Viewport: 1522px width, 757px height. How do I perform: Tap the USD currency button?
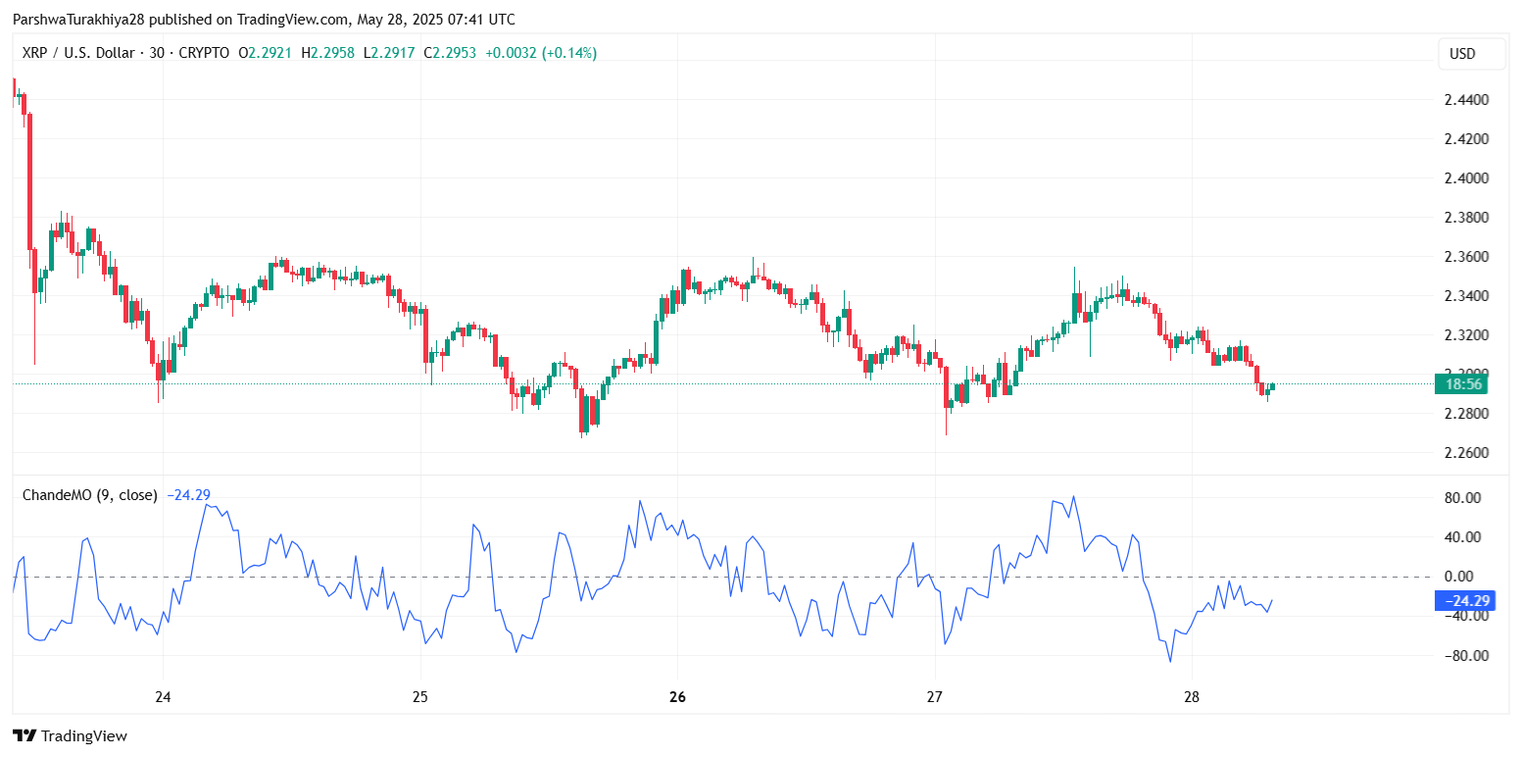tap(1462, 54)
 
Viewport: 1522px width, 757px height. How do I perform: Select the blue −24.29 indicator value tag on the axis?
tap(1464, 601)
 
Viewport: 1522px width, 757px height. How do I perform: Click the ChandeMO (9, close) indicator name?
tap(89, 495)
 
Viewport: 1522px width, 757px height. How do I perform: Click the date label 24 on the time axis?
tap(163, 698)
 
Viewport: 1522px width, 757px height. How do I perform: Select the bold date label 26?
tap(677, 698)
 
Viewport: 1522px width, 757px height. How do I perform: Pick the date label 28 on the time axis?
tap(1192, 698)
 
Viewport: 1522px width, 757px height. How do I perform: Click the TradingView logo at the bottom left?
tap(70, 735)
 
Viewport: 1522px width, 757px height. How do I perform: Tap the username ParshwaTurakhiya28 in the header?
tap(78, 20)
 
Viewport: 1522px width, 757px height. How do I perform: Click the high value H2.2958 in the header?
tap(327, 53)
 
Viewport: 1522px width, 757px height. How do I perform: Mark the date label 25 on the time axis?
tap(420, 698)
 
